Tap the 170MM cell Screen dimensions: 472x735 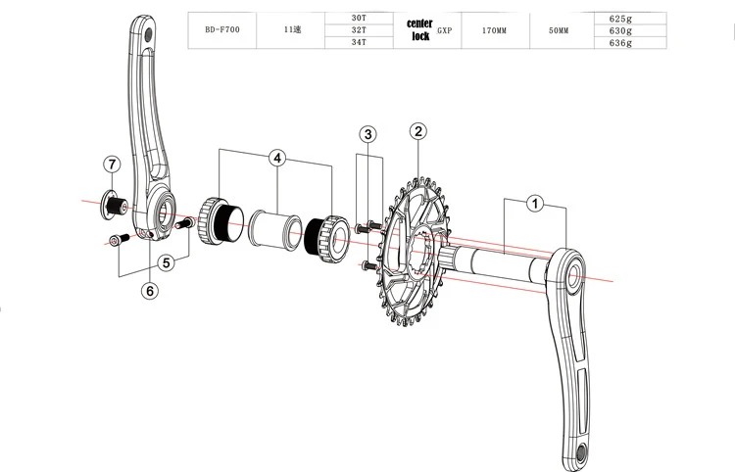click(494, 30)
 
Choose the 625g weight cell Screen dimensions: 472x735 click(618, 18)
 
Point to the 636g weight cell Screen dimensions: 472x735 click(618, 43)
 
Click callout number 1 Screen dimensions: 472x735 click(535, 205)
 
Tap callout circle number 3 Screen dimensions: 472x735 click(367, 134)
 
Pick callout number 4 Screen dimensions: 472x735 click(278, 157)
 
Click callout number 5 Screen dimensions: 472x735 click(167, 262)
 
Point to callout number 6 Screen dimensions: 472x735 click(150, 291)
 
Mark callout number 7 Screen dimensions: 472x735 click(113, 163)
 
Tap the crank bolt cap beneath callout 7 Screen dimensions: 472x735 click(116, 204)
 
